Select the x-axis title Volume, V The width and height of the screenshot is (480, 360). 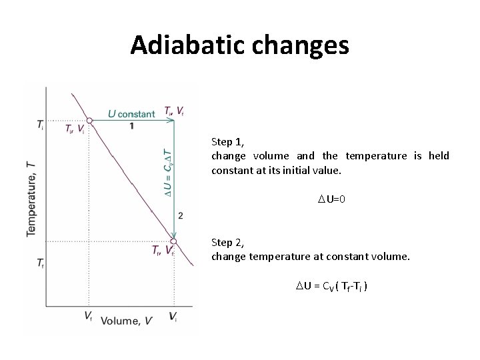tap(127, 321)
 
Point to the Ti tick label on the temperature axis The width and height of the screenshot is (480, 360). tap(41, 125)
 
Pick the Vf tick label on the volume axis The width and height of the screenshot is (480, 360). tap(89, 315)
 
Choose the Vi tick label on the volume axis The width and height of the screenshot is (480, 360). tap(173, 317)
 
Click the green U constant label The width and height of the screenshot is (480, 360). tap(131, 113)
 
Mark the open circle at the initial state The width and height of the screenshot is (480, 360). tap(89, 121)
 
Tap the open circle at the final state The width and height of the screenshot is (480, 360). tap(173, 241)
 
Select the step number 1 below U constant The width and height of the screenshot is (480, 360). tap(131, 126)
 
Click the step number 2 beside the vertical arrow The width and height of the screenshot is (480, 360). tap(180, 215)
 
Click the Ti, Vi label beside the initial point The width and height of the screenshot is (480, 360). tap(73, 129)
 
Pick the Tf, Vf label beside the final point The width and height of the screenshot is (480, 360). tap(162, 251)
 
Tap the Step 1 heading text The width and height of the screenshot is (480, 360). tap(227, 142)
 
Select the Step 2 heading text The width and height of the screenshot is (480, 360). tap(227, 242)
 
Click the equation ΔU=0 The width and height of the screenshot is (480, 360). tap(330, 199)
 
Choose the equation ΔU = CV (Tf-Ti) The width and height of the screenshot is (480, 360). tap(330, 287)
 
